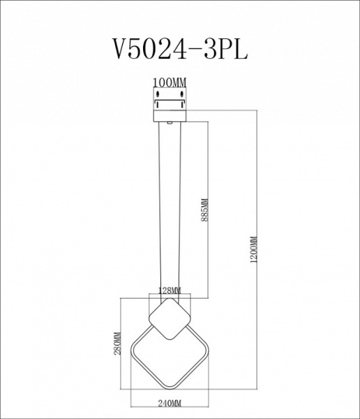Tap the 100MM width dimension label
click(x=171, y=82)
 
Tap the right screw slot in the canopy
click(x=183, y=98)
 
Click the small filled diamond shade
click(x=170, y=319)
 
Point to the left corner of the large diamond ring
click(x=133, y=350)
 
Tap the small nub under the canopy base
click(x=171, y=122)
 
